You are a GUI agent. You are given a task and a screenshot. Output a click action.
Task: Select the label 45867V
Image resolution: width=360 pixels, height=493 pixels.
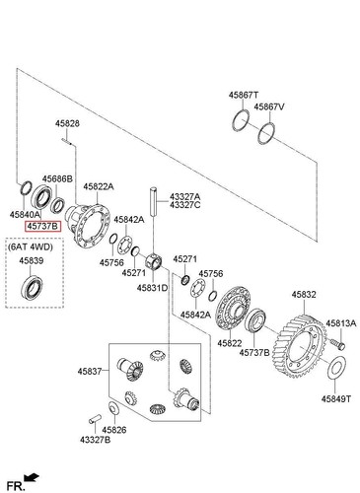tap(268, 106)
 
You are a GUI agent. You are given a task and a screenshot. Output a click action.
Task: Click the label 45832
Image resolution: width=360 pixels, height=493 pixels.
tap(303, 294)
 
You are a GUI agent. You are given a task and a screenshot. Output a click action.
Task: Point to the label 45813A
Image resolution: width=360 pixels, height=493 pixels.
tap(341, 322)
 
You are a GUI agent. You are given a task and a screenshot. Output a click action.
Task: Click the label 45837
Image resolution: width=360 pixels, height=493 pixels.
tap(88, 373)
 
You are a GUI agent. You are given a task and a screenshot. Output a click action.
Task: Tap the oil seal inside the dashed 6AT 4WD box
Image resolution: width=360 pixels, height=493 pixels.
tap(35, 287)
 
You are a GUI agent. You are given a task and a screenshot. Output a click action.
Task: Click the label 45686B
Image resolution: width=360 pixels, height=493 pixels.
tap(57, 178)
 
